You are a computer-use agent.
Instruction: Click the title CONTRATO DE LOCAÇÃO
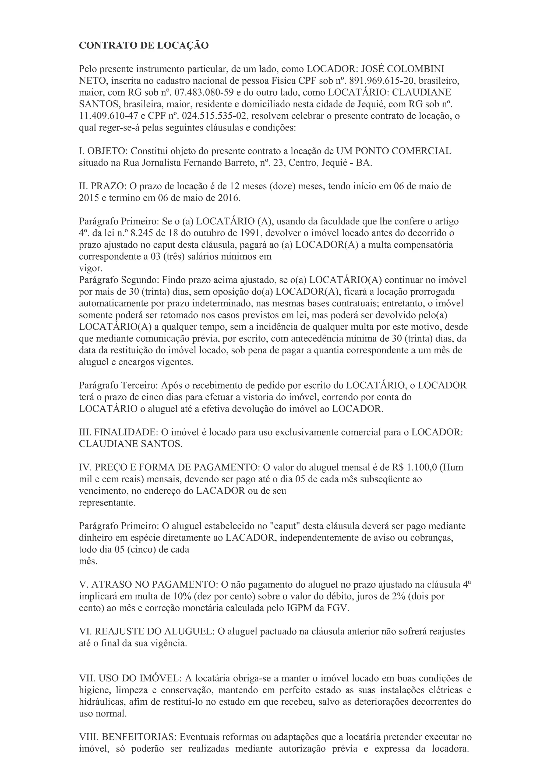144,45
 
